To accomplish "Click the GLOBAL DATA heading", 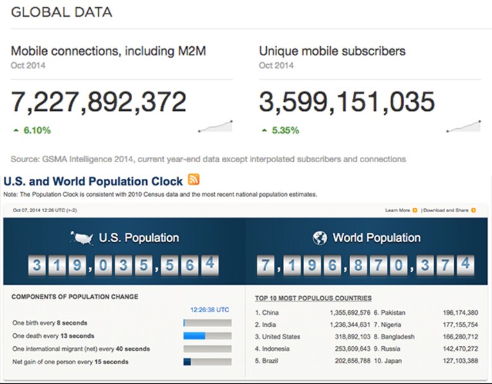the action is [62, 12].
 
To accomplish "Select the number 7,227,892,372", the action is [99, 102].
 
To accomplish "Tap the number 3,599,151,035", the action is [347, 102].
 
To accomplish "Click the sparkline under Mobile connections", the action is [216, 126].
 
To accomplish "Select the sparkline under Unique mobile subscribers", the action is [463, 126].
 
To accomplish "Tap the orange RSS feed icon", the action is [194, 179].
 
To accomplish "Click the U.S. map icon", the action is [81, 238].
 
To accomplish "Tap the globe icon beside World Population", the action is [319, 238].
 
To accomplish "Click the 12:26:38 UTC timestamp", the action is [210, 310].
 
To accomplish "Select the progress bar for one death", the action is [207, 336].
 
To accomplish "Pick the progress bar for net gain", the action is [207, 362].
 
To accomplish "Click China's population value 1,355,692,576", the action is [350, 313].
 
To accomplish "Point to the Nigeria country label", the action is [391, 325].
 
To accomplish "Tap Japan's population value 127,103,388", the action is [461, 361].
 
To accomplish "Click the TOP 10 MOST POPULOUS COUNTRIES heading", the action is [313, 298].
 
